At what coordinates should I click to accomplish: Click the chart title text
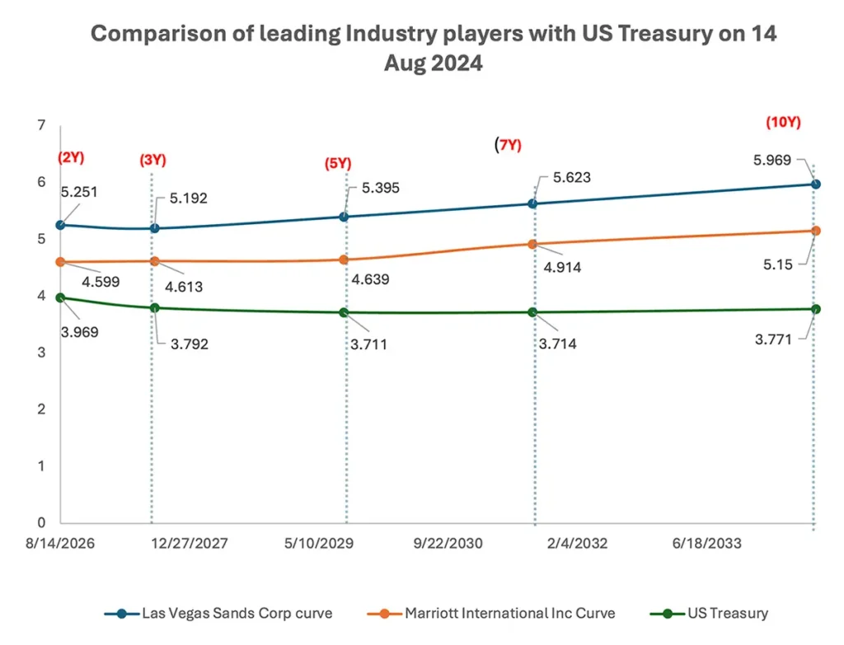[433, 49]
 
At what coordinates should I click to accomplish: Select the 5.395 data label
[381, 189]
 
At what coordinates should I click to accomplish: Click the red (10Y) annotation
[783, 124]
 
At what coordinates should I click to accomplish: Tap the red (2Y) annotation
[72, 157]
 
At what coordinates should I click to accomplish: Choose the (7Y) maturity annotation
[509, 145]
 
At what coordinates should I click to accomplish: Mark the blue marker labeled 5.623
[533, 203]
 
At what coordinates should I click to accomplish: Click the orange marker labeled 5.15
[816, 231]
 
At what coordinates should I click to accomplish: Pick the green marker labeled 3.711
[345, 312]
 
